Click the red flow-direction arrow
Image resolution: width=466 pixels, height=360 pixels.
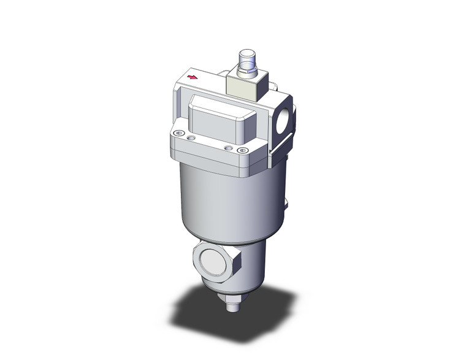click(194, 78)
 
